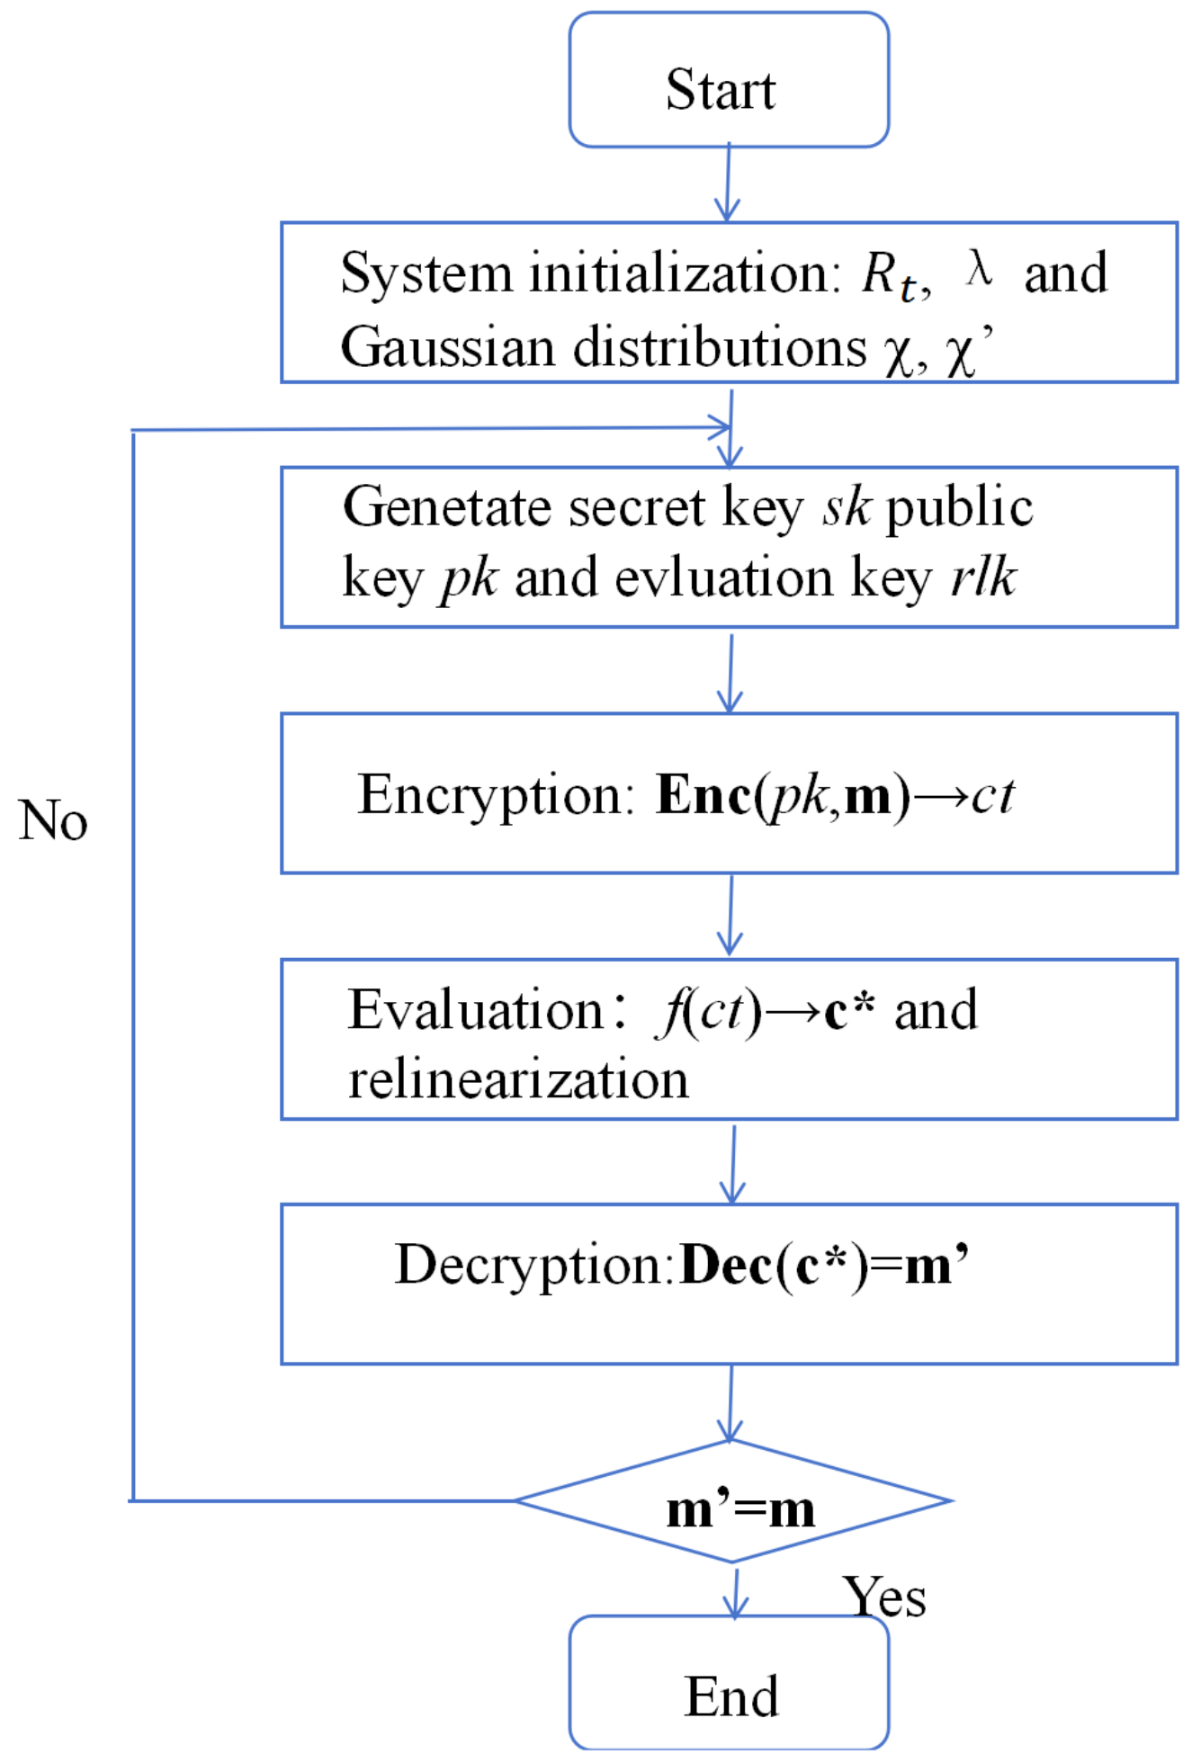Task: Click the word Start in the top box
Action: click(x=720, y=90)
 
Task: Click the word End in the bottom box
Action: click(x=730, y=1696)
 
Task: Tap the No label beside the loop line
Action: click(x=52, y=820)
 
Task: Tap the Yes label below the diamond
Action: click(x=884, y=1597)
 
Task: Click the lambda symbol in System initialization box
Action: click(x=979, y=268)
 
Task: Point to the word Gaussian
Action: click(x=446, y=347)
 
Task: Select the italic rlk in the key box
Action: click(x=984, y=577)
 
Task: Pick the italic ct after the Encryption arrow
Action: click(x=992, y=796)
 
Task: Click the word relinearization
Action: click(x=518, y=1079)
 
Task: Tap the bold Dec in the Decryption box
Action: click(x=725, y=1266)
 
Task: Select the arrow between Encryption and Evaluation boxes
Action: click(x=730, y=915)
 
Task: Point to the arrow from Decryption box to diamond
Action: click(x=730, y=1403)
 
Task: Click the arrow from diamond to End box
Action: click(x=736, y=1592)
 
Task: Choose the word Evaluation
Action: click(x=475, y=1010)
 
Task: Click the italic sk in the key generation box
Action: click(x=846, y=507)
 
